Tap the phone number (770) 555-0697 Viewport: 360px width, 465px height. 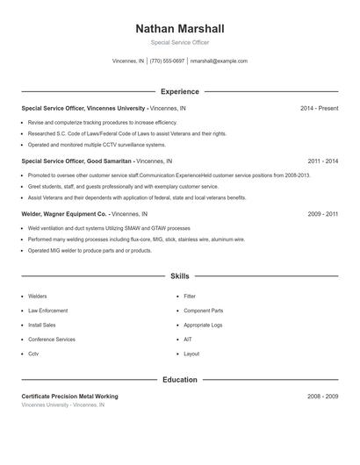[x=167, y=61]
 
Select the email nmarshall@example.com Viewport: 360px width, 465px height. [x=219, y=61]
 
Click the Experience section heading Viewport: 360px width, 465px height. [x=179, y=91]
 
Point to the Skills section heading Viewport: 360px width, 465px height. [x=179, y=276]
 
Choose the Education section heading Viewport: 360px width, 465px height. [x=179, y=380]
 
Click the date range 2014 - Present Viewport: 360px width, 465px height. [x=319, y=108]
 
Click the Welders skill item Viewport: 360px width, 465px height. [x=38, y=297]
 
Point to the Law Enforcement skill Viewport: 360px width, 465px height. [x=47, y=311]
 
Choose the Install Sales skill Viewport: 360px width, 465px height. [x=43, y=325]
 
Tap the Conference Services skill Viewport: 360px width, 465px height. [x=51, y=339]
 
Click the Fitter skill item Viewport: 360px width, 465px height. [x=190, y=297]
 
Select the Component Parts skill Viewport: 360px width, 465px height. [x=203, y=311]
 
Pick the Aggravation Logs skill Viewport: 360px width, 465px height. [x=203, y=325]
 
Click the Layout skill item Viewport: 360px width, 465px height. [x=191, y=354]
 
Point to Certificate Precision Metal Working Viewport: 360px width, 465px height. [x=69, y=397]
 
